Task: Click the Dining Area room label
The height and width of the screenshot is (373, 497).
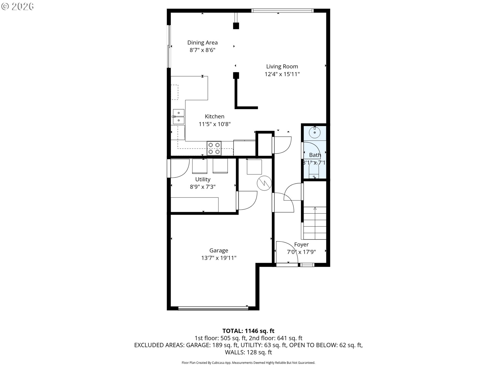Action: pos(202,42)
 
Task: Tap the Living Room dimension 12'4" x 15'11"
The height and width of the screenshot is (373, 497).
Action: pos(282,74)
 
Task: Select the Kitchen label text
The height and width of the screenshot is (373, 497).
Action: pos(215,117)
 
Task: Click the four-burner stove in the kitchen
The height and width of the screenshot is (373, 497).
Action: pos(214,148)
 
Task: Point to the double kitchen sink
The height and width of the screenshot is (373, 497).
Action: pos(179,117)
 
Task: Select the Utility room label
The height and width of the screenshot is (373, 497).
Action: pos(203,179)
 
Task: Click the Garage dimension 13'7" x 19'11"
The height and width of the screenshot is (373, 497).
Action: pos(219,258)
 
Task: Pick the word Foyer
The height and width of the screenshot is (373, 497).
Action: pos(301,245)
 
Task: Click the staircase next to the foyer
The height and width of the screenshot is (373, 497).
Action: pos(315,223)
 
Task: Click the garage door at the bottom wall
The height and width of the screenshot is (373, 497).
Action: pos(213,308)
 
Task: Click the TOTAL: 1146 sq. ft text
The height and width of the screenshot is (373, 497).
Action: pos(248,331)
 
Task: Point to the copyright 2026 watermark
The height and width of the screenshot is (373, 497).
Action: pos(18,6)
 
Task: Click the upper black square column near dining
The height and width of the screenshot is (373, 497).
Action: pos(236,26)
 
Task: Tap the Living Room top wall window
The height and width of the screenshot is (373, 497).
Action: pos(282,11)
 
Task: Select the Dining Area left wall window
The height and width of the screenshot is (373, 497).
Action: pos(169,46)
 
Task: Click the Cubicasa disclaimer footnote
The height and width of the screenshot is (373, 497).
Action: pos(248,363)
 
